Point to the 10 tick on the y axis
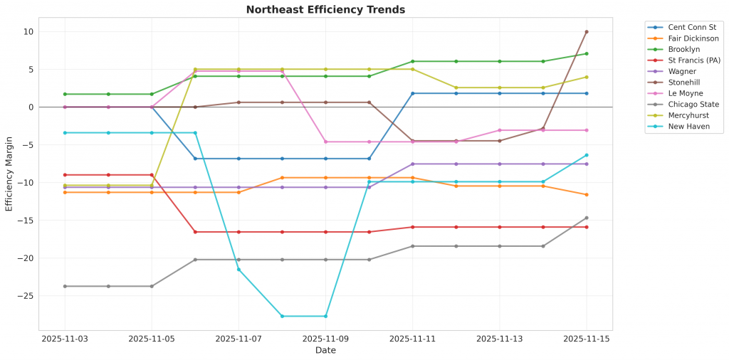point(28,32)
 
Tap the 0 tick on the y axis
point(30,107)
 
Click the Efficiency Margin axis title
point(9,175)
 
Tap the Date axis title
point(325,351)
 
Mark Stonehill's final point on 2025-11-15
point(586,32)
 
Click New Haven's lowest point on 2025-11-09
point(325,316)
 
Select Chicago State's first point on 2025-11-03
point(65,286)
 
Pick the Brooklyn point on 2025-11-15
point(586,53)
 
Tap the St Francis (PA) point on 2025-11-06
point(195,232)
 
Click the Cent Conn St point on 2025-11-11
point(412,93)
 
